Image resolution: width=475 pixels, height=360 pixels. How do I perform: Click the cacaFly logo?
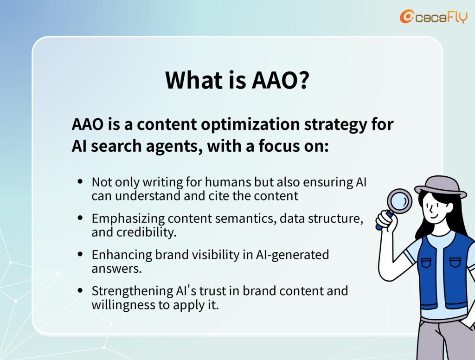434,16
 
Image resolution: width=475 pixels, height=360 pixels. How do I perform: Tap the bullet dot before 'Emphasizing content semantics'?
80,218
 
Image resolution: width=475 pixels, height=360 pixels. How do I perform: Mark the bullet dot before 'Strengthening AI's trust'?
80,290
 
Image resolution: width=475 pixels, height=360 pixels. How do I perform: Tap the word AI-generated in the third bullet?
292,255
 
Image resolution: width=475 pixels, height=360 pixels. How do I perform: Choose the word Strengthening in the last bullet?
132,291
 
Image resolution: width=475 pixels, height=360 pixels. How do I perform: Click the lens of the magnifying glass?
399,200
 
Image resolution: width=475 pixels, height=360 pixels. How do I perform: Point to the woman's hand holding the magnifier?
385,220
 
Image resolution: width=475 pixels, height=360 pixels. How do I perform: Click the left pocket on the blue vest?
426,263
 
